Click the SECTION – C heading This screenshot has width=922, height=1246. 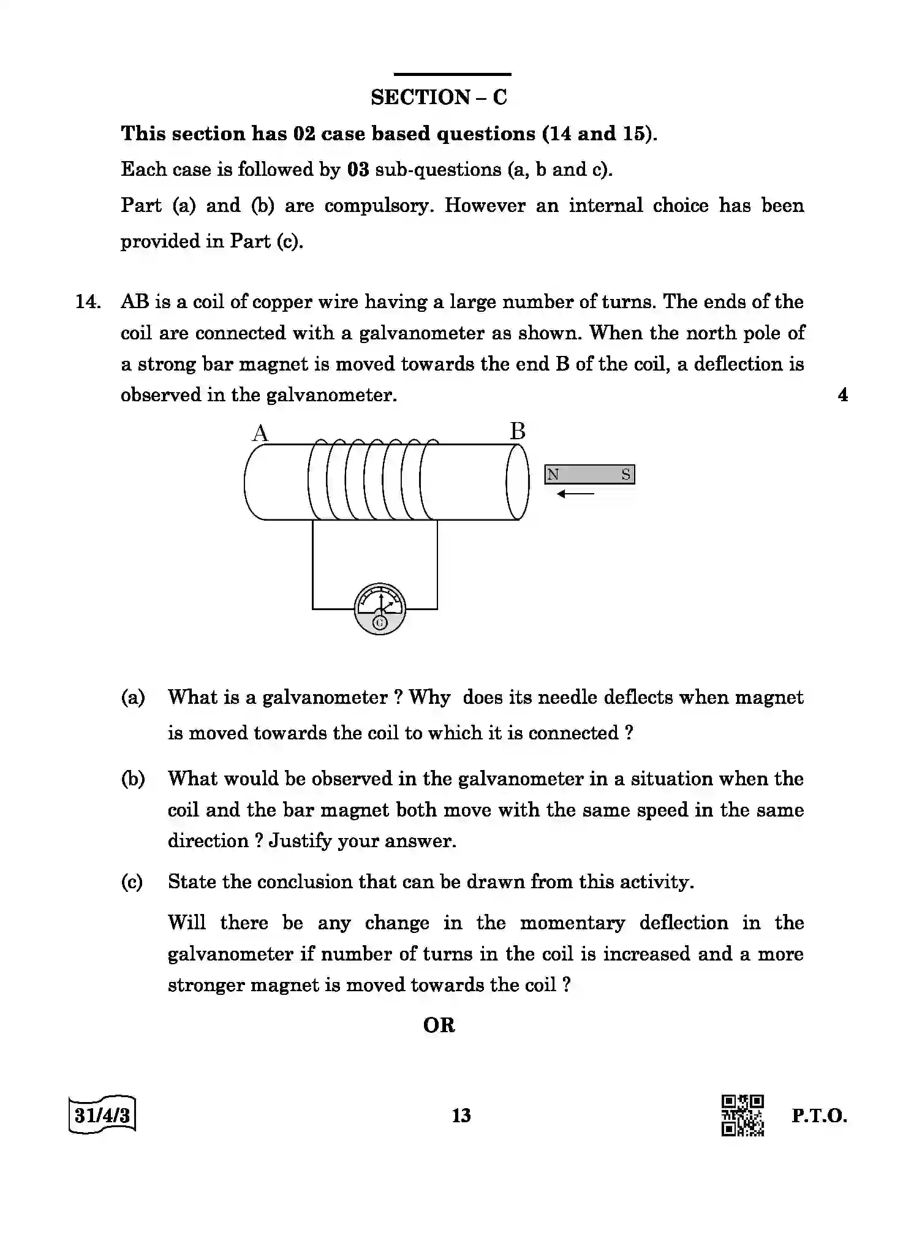click(x=439, y=97)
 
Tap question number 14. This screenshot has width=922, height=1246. click(x=88, y=302)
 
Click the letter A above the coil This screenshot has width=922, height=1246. click(x=260, y=434)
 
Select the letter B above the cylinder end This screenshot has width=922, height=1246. click(x=518, y=431)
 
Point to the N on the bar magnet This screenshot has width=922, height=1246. click(x=553, y=475)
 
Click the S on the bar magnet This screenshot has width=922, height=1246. click(x=625, y=475)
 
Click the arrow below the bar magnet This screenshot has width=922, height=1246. click(x=575, y=494)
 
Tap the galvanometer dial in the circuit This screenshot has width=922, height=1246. click(x=380, y=609)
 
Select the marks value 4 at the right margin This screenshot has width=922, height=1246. click(x=843, y=395)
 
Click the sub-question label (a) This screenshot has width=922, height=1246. click(x=133, y=697)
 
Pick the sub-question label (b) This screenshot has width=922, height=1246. click(x=133, y=779)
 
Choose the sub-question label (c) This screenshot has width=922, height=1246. click(x=132, y=882)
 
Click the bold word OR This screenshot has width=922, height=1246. click(x=439, y=1025)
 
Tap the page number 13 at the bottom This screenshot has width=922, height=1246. click(x=461, y=1116)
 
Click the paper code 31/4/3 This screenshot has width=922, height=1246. click(x=102, y=1115)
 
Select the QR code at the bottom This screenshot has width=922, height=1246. click(x=743, y=1115)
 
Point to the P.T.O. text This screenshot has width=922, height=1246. click(x=819, y=1116)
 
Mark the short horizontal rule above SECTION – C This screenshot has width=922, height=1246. click(x=452, y=74)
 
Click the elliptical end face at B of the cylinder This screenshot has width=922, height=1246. click(x=517, y=482)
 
